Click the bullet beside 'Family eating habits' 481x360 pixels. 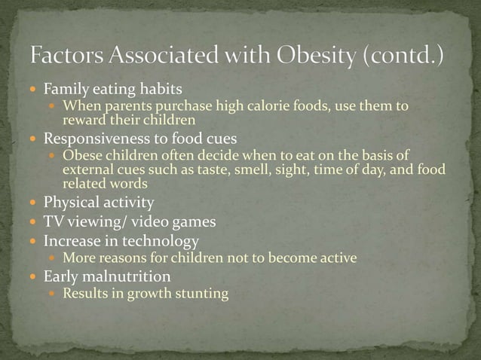pyautogui.click(x=35, y=91)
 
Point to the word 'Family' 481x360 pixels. pyautogui.click(x=66, y=91)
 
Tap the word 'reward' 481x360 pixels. pyautogui.click(x=83, y=119)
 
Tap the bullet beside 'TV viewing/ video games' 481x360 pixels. pyautogui.click(x=35, y=222)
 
